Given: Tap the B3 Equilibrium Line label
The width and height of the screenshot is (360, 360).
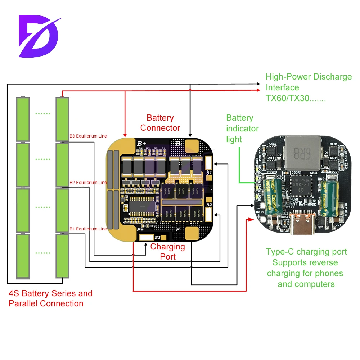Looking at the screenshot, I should [x=88, y=136].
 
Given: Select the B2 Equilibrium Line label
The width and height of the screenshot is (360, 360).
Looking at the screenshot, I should [x=88, y=183].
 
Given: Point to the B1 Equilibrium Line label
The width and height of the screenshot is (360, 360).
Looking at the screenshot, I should [x=88, y=229].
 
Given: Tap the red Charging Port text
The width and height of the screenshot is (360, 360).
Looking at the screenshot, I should [x=168, y=252].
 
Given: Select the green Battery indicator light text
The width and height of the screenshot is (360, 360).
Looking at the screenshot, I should [x=242, y=129].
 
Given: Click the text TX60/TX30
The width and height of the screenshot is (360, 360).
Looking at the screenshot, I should [x=295, y=98].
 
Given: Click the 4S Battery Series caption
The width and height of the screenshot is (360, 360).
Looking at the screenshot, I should [x=50, y=293].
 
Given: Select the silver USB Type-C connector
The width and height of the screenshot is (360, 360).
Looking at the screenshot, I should [x=303, y=225].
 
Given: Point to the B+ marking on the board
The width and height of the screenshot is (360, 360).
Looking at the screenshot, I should [x=141, y=143].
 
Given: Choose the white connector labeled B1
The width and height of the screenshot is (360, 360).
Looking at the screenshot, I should [x=209, y=164].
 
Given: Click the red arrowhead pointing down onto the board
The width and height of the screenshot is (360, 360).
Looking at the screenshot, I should [x=125, y=135].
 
